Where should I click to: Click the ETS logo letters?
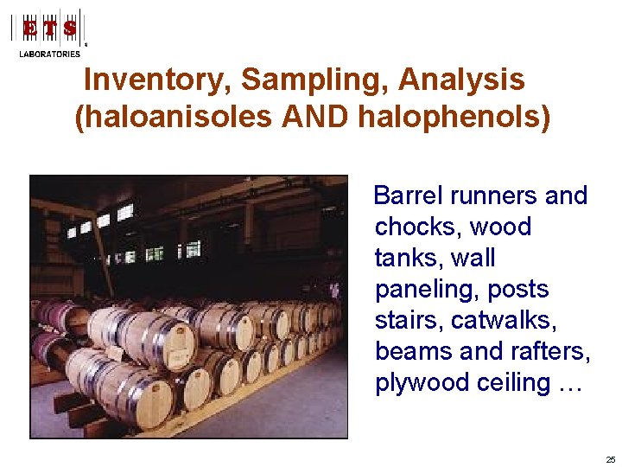49,29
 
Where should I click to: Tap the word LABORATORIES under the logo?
49,54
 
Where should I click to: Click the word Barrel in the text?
407,196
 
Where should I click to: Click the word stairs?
406,321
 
